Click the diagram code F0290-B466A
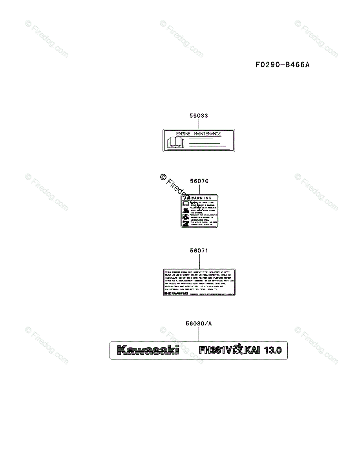click(282, 65)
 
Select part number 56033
click(199, 116)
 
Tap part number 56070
click(199, 181)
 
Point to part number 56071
click(199, 250)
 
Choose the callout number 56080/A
click(199, 324)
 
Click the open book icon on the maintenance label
click(175, 142)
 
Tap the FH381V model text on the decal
click(215, 350)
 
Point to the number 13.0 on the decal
click(273, 350)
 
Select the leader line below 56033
click(199, 124)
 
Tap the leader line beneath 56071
click(199, 261)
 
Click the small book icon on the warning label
click(186, 204)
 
